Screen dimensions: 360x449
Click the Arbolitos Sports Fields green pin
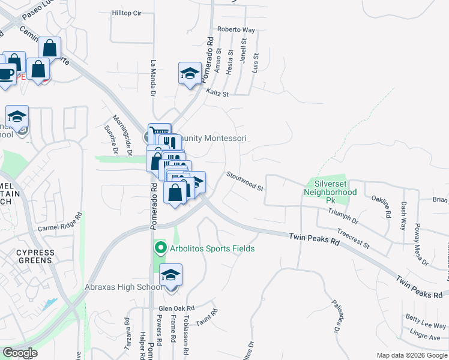(x=160, y=248)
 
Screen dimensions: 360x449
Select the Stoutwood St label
(x=245, y=181)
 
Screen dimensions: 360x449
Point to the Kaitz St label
(x=217, y=93)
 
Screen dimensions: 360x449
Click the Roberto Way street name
(x=236, y=29)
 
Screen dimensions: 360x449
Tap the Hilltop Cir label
(x=126, y=13)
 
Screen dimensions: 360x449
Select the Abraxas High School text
(x=123, y=287)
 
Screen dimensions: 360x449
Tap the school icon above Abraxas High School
(x=171, y=275)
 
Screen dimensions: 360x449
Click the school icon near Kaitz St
(x=190, y=73)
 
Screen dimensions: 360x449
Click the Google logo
(x=20, y=353)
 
